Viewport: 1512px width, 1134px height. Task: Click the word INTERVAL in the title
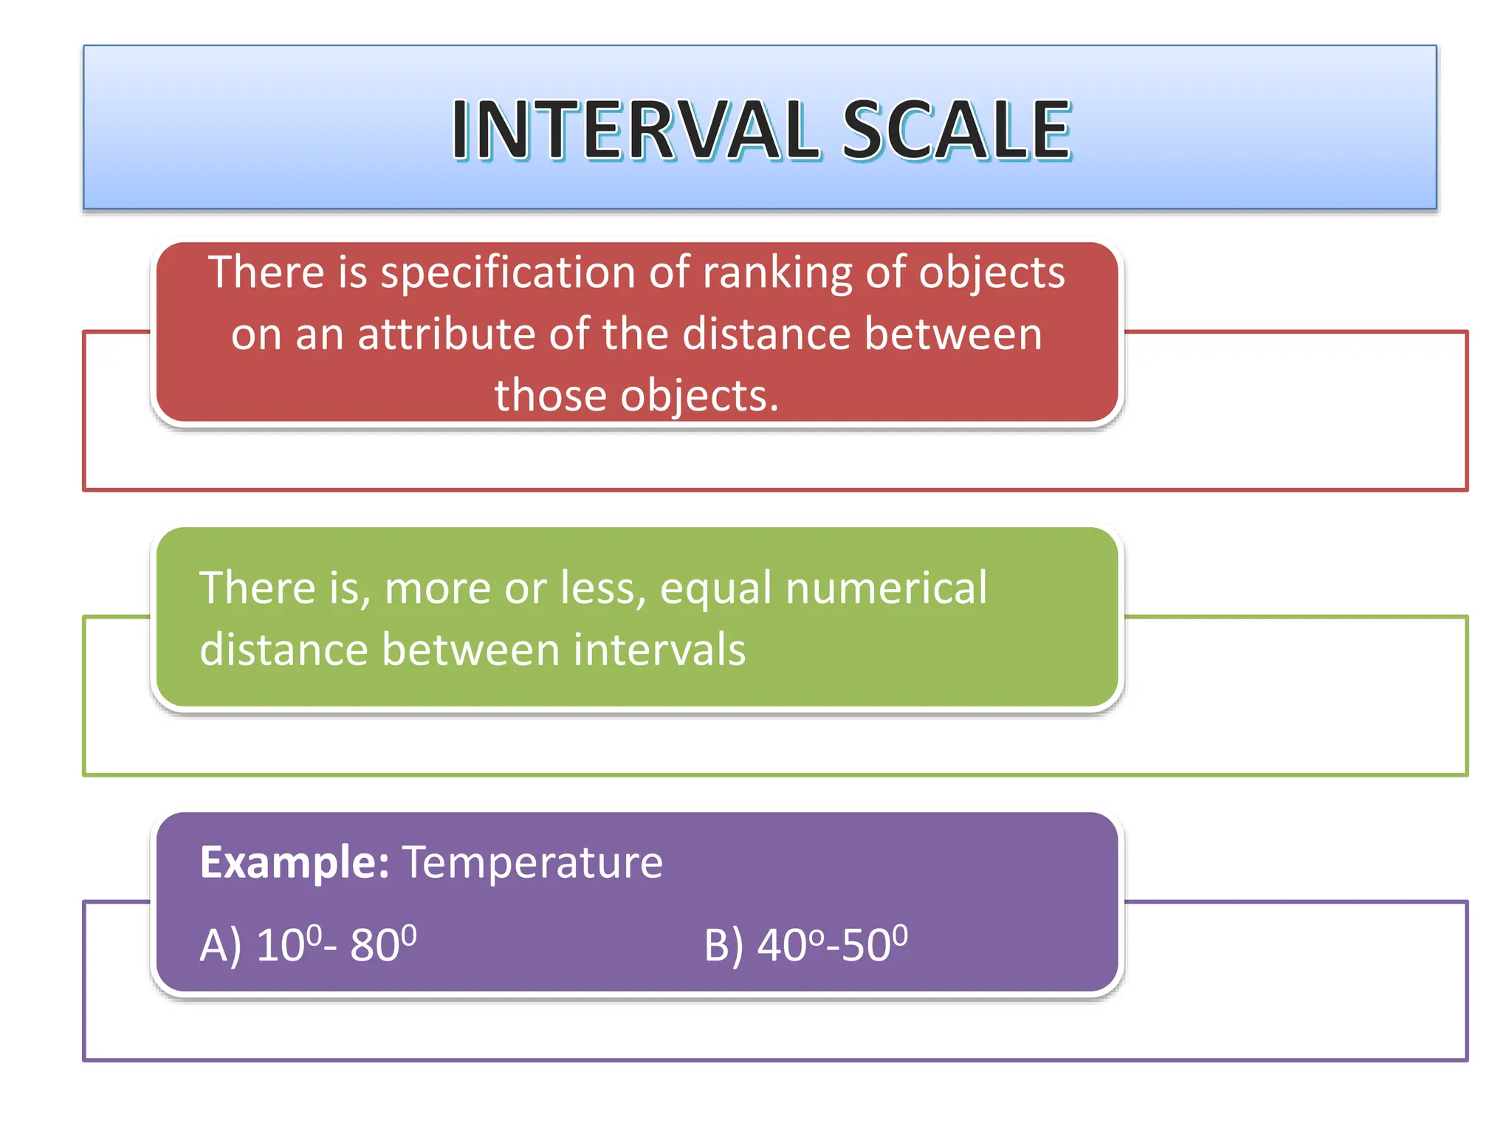click(635, 131)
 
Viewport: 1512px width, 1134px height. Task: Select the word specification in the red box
click(508, 273)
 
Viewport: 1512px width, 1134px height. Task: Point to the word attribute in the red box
click(447, 334)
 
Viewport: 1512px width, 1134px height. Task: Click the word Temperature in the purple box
click(532, 862)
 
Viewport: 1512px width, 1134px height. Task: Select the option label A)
click(220, 945)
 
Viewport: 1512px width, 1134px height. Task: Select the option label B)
click(724, 945)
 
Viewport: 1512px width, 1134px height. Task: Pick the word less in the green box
click(602, 588)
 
